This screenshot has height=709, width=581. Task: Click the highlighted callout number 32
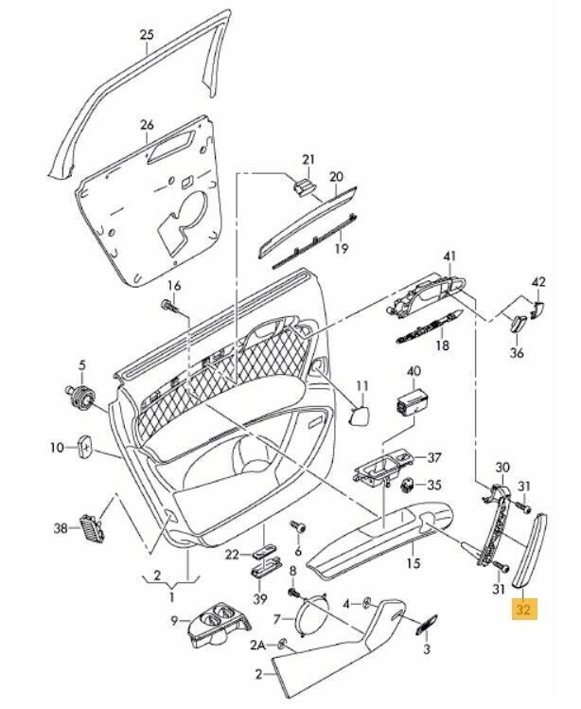click(523, 610)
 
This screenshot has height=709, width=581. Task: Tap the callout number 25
click(146, 36)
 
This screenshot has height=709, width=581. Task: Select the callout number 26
click(146, 125)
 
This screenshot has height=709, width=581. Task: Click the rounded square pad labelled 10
click(83, 445)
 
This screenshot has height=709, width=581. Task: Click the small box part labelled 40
click(413, 403)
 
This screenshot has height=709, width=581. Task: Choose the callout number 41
click(449, 257)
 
